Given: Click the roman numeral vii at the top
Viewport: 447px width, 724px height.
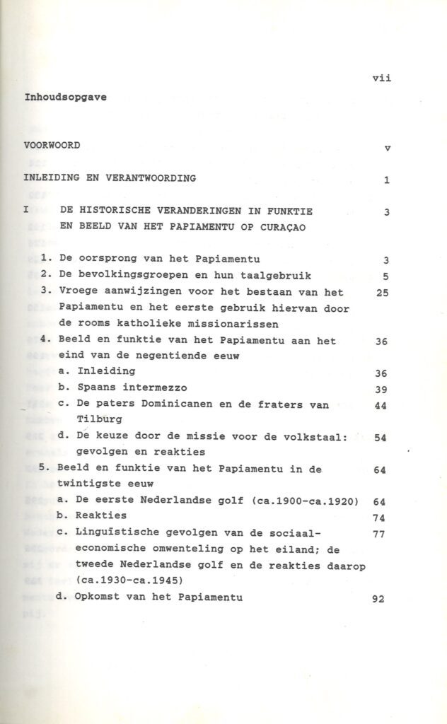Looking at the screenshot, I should (x=381, y=78).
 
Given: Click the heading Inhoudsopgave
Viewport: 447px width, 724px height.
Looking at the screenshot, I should (x=66, y=98).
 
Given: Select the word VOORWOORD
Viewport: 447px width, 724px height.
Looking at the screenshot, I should (x=52, y=146).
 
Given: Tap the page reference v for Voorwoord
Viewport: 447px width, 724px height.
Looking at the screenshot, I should (x=387, y=148).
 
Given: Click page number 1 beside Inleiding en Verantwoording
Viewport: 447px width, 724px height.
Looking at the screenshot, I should (x=387, y=180).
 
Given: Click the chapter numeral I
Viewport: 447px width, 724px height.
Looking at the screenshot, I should (x=25, y=211).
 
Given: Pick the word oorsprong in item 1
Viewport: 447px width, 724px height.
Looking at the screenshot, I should (x=110, y=259).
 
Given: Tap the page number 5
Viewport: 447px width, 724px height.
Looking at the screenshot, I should (x=387, y=276).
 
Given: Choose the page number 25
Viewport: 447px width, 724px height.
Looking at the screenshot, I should (x=383, y=293).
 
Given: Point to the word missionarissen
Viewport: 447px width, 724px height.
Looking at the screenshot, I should (x=221, y=324).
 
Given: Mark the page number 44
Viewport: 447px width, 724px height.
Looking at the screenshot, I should (x=380, y=407).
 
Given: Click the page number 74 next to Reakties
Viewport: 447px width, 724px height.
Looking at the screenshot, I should (x=378, y=517).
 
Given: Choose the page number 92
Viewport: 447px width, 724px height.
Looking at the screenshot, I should (x=378, y=598).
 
